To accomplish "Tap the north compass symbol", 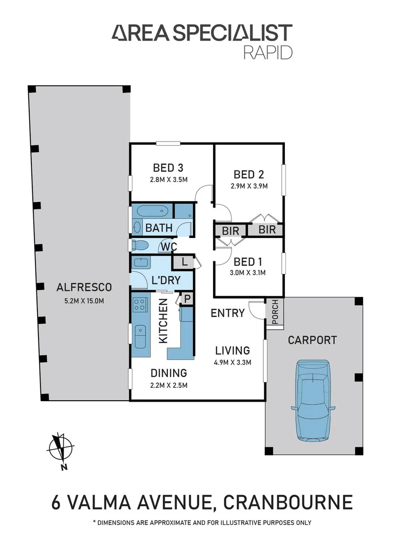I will [60, 449].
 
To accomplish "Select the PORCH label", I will [274, 311].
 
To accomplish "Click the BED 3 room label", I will [168, 168].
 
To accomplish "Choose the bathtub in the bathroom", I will [152, 211].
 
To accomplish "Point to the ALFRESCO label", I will [84, 287].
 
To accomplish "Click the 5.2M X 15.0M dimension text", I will [84, 300].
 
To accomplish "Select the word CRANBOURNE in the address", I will [286, 501].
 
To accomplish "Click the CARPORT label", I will [312, 340].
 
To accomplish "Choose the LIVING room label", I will [232, 351].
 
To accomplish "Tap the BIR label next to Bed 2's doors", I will [267, 230].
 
